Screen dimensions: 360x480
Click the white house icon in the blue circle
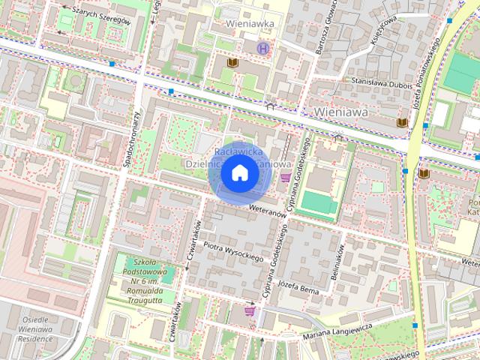click(239, 173)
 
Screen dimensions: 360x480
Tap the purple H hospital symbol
click(262, 48)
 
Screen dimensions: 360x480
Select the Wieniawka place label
click(250, 24)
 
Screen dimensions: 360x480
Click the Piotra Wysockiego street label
click(233, 252)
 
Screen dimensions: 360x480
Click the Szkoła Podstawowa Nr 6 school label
click(143, 278)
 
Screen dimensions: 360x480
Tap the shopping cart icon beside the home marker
click(285, 178)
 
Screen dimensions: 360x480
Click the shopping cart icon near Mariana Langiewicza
click(250, 310)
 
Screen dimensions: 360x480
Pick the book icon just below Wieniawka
click(231, 63)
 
